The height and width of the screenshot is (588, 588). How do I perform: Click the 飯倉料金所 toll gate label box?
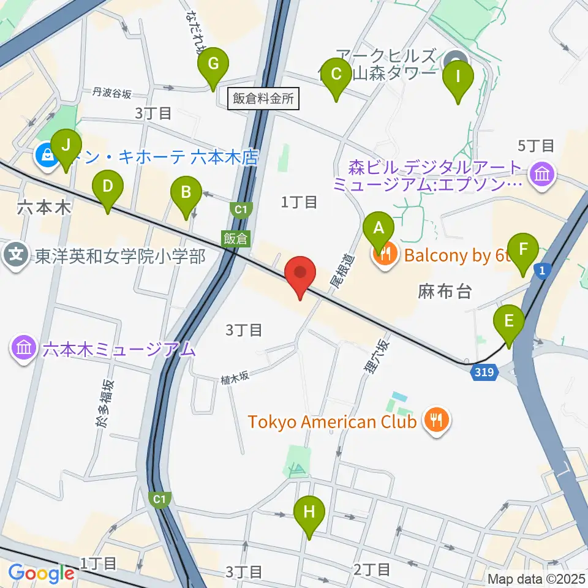point(263,99)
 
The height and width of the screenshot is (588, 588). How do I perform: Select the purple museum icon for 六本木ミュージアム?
point(24,349)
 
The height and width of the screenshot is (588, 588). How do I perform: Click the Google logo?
point(41,574)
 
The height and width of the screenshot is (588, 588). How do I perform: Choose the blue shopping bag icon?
point(47,157)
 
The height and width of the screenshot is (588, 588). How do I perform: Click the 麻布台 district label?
point(445,292)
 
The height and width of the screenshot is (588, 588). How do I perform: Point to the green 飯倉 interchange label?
point(235,239)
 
